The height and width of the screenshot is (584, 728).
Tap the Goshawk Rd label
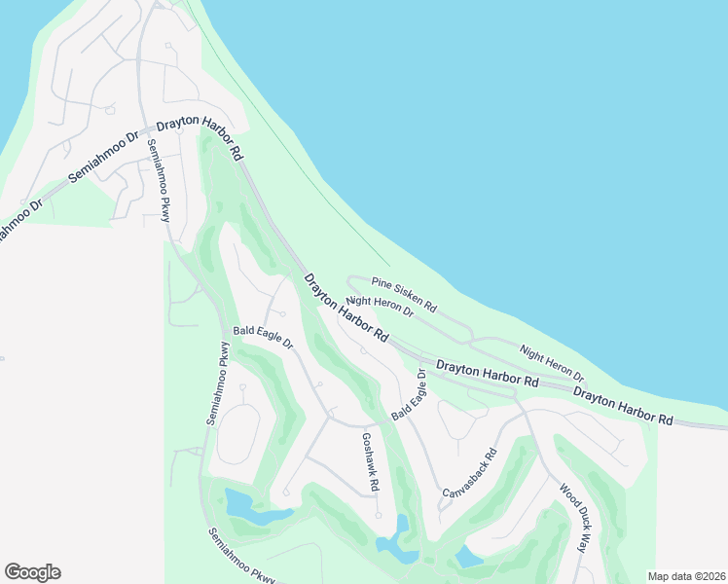(x=371, y=461)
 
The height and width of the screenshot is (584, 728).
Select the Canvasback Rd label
(x=470, y=474)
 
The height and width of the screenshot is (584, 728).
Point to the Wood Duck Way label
(x=574, y=518)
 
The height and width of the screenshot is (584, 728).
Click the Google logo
(x=32, y=572)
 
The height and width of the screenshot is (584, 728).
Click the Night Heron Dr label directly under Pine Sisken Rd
(x=381, y=308)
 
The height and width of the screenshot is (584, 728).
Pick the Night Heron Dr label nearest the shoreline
(x=552, y=363)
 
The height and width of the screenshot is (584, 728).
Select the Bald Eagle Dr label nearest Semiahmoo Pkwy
(x=263, y=338)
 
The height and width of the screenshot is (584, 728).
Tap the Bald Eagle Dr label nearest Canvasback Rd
(x=409, y=395)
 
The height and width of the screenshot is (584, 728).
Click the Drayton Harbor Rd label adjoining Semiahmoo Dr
(x=199, y=136)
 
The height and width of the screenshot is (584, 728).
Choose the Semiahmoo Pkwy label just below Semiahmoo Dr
(x=158, y=180)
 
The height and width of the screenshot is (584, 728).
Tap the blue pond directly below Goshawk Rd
(x=399, y=541)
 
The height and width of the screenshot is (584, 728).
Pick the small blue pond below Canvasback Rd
(x=468, y=557)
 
